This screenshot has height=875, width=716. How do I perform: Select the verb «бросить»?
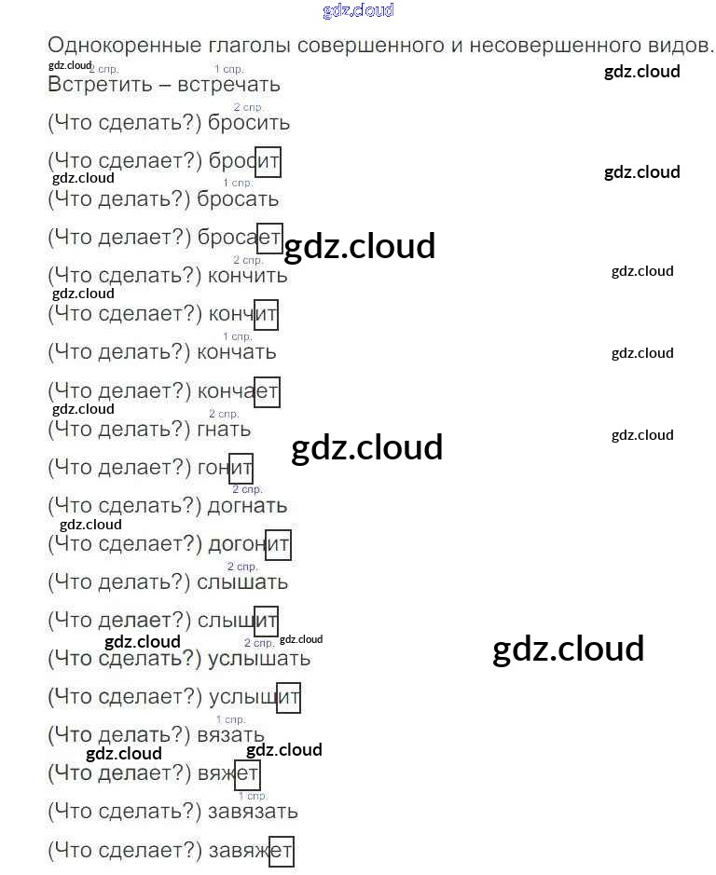pos(249,123)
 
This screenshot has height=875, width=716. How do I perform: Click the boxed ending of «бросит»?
pos(268,161)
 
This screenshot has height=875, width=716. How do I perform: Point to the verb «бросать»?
pos(238,199)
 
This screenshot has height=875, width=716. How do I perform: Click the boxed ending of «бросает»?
pos(268,238)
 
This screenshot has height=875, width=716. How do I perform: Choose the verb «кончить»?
pos(248,276)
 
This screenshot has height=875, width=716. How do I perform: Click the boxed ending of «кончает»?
pos(267,391)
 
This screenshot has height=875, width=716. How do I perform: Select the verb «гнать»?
pos(224,430)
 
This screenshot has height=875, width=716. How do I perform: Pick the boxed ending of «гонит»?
pos(241,468)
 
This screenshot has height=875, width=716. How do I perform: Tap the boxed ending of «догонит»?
pos(278,544)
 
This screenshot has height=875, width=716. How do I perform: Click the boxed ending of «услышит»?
pos(289,698)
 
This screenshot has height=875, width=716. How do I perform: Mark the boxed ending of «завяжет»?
pos(282,851)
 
